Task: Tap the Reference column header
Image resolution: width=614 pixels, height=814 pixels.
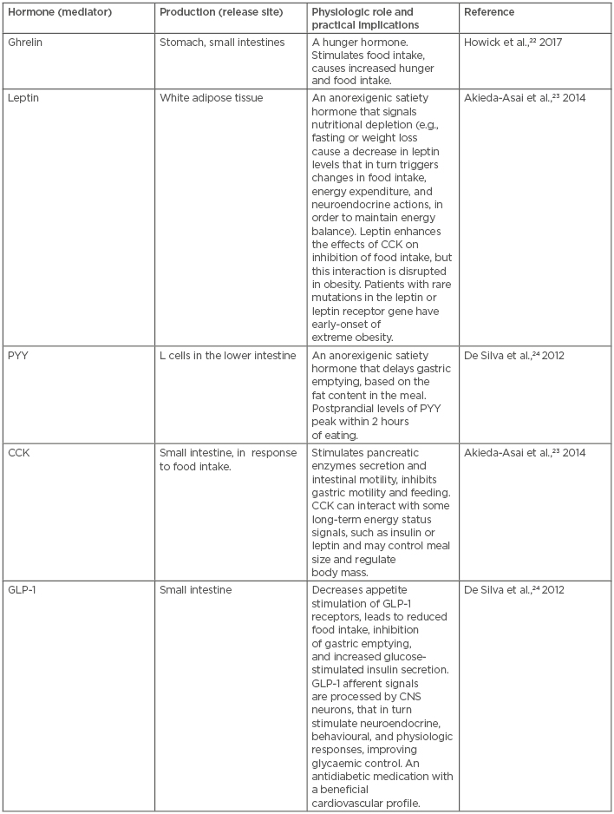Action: pyautogui.click(x=489, y=12)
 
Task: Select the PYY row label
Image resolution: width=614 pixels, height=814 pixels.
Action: pyautogui.click(x=16, y=355)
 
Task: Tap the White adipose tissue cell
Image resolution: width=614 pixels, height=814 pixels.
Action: pyautogui.click(x=211, y=98)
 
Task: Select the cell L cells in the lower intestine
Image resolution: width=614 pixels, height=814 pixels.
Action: pyautogui.click(x=227, y=355)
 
